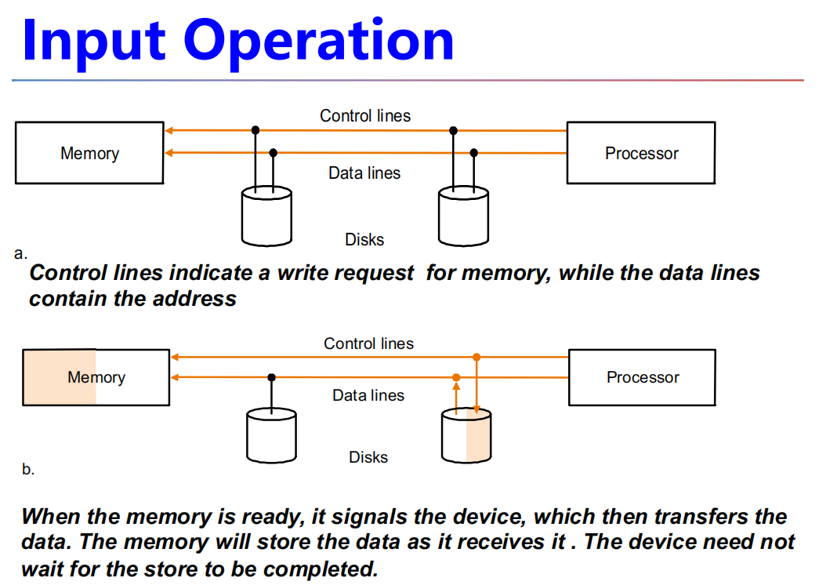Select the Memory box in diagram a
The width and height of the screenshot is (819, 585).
coord(89,154)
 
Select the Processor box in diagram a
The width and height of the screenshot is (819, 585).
coord(640,154)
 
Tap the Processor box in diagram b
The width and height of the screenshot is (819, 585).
coord(642,377)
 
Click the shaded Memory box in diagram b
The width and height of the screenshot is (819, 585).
coord(96,377)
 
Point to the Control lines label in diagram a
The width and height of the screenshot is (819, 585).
coord(364,116)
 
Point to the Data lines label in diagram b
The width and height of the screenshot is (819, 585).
coord(368,395)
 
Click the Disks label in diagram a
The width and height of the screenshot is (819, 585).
coord(364,240)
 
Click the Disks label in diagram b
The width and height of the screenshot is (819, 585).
coord(368,457)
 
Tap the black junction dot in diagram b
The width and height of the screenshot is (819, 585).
coord(271,377)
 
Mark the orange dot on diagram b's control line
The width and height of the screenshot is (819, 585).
coord(477,357)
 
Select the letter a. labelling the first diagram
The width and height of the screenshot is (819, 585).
coord(20,253)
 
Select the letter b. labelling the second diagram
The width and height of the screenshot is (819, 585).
coord(28,470)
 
